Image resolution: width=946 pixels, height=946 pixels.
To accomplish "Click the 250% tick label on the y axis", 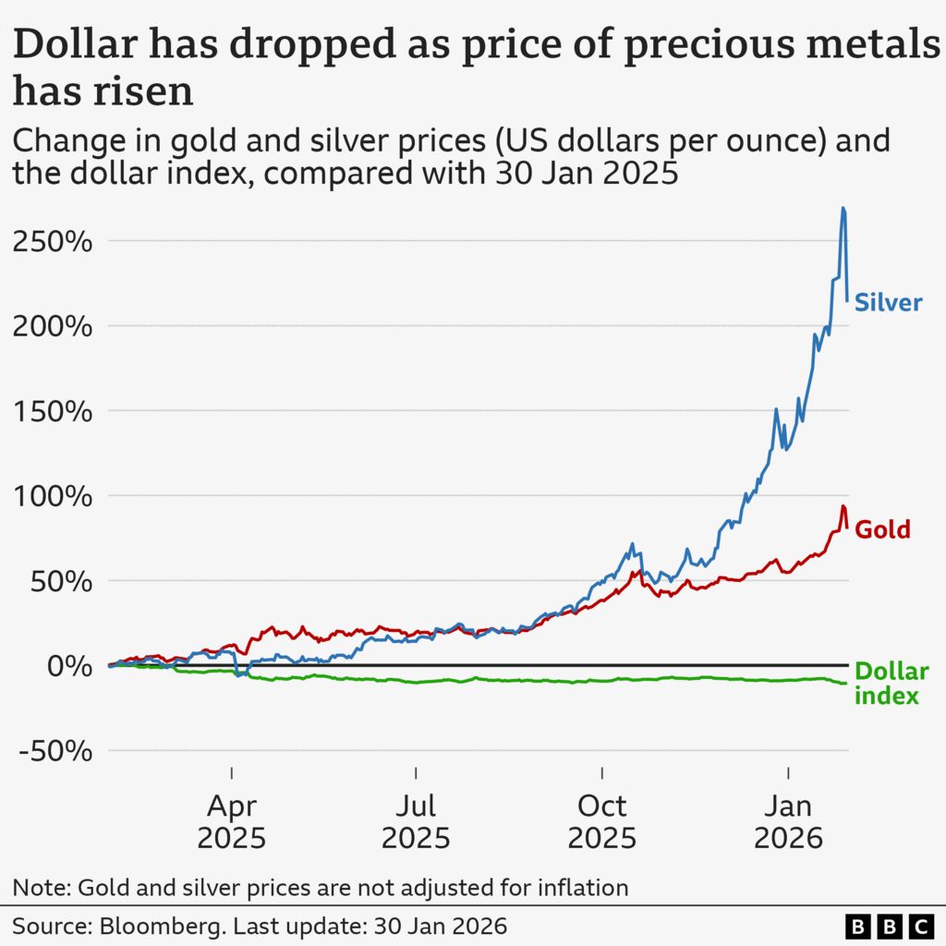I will click(x=53, y=242).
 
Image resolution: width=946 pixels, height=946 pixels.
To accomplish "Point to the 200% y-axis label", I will click(x=53, y=327).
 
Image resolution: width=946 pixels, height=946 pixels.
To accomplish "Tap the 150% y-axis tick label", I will click(x=53, y=412).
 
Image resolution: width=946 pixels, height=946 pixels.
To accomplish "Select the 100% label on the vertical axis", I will click(x=53, y=497).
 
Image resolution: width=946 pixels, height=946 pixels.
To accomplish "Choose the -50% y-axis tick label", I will click(x=55, y=751).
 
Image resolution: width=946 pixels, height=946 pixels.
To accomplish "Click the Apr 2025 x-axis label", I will click(x=231, y=821).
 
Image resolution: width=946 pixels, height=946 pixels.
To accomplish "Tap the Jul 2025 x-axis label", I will click(x=416, y=821).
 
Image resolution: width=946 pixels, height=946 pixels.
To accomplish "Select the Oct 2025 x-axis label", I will click(x=601, y=821).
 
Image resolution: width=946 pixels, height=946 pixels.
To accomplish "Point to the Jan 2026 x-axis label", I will click(x=787, y=821).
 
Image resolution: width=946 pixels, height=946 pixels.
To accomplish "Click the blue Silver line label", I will click(x=888, y=302).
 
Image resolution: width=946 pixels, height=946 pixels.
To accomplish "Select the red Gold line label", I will click(x=882, y=529).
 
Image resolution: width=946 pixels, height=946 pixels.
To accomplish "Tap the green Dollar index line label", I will click(x=891, y=684).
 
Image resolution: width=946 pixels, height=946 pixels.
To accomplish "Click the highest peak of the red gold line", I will click(x=843, y=506).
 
